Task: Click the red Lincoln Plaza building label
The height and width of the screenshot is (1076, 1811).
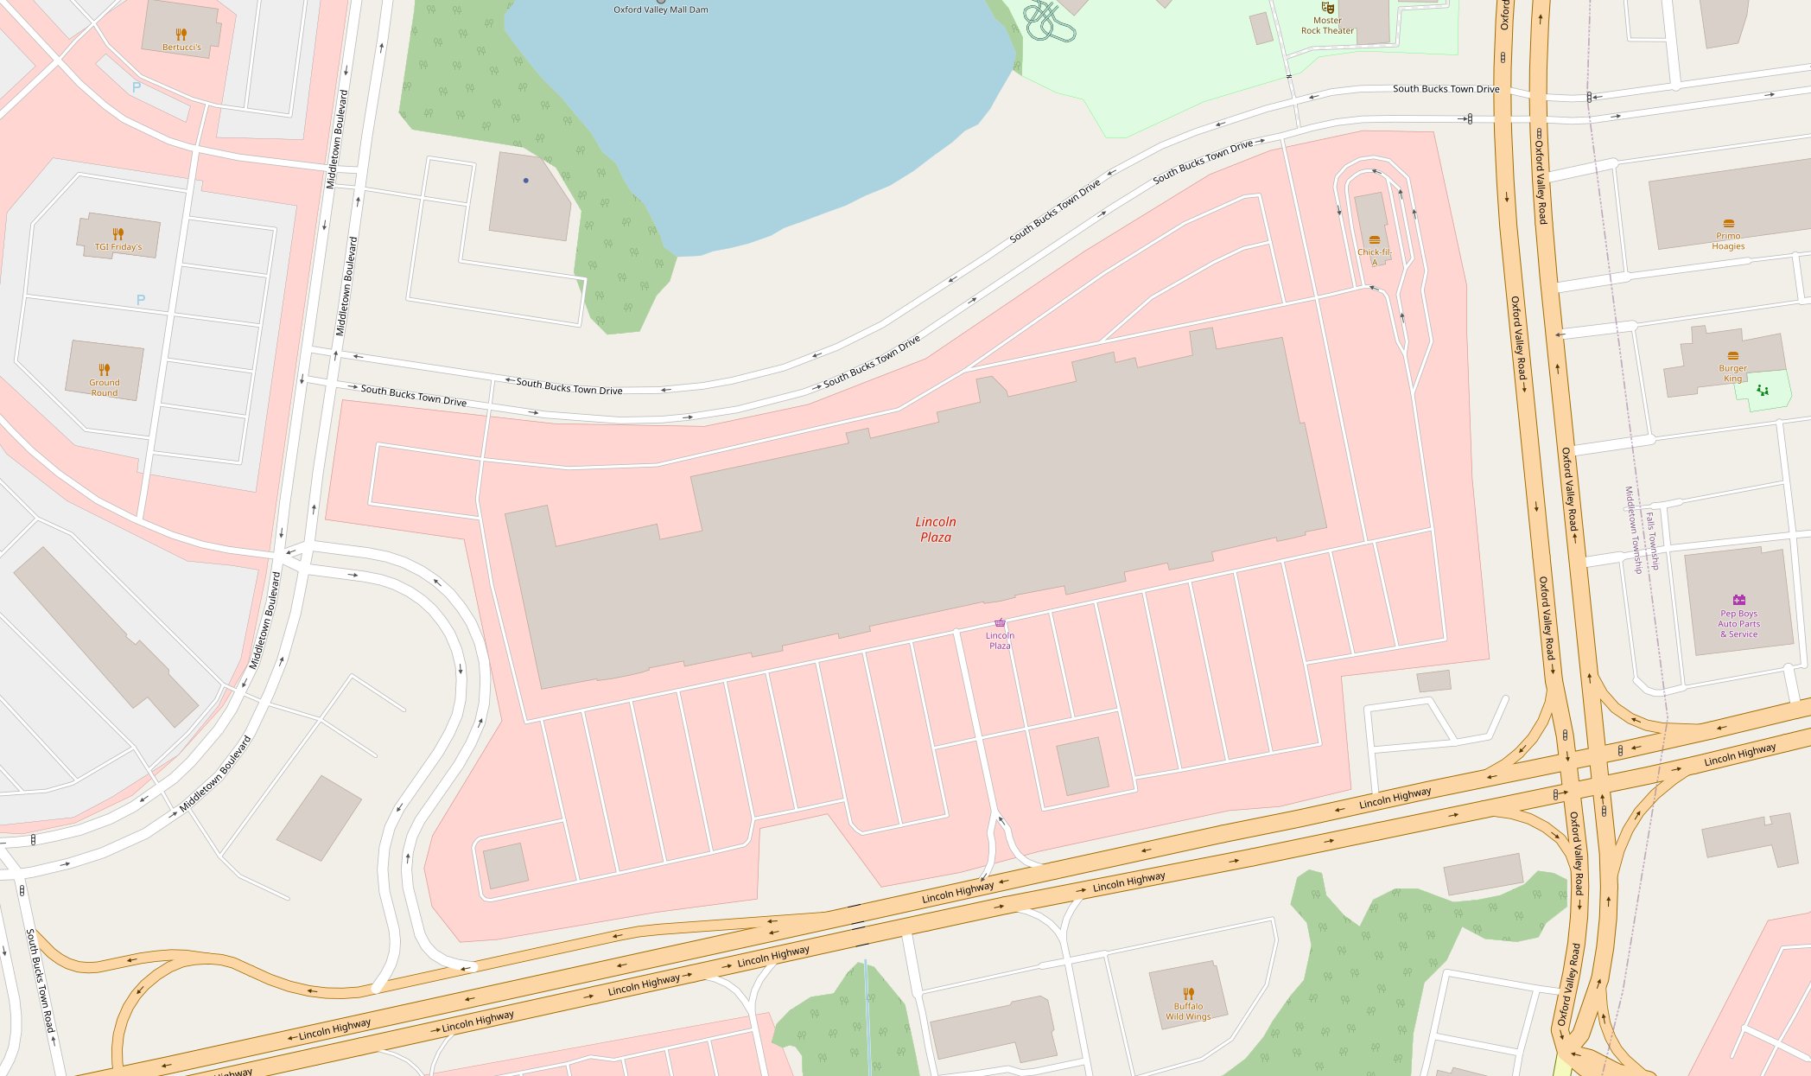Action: pyautogui.click(x=935, y=529)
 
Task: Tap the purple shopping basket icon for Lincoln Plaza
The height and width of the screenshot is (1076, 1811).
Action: pyautogui.click(x=1000, y=623)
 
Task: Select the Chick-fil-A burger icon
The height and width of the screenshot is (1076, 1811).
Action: pyautogui.click(x=1374, y=240)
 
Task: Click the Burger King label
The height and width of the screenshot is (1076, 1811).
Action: pyautogui.click(x=1732, y=373)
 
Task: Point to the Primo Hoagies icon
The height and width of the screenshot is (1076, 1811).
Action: pyautogui.click(x=1728, y=224)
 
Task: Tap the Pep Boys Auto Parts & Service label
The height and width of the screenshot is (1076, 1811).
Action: pyautogui.click(x=1738, y=624)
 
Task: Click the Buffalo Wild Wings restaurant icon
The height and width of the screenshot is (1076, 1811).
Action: pyautogui.click(x=1188, y=994)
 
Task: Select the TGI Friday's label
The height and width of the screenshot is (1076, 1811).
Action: pyautogui.click(x=118, y=247)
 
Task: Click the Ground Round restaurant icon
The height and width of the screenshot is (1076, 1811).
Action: pyautogui.click(x=104, y=370)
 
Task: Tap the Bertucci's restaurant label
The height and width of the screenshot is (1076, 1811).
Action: pyautogui.click(x=181, y=48)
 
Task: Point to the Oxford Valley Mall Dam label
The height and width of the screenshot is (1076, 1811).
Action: pyautogui.click(x=660, y=10)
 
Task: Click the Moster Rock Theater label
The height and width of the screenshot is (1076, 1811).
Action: pyautogui.click(x=1327, y=26)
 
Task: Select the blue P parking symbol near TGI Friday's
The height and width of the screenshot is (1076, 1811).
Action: pyautogui.click(x=141, y=300)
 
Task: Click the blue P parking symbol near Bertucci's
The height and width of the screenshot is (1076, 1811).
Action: pyautogui.click(x=137, y=87)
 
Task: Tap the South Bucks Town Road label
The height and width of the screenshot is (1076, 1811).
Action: pyautogui.click(x=40, y=981)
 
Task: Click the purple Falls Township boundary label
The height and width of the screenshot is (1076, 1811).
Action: pyautogui.click(x=1652, y=541)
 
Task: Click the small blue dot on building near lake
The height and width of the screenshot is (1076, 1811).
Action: pyautogui.click(x=525, y=181)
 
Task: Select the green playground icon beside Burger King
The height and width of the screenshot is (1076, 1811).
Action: pyautogui.click(x=1762, y=391)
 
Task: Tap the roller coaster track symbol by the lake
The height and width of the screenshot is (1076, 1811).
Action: pyautogui.click(x=1048, y=22)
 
